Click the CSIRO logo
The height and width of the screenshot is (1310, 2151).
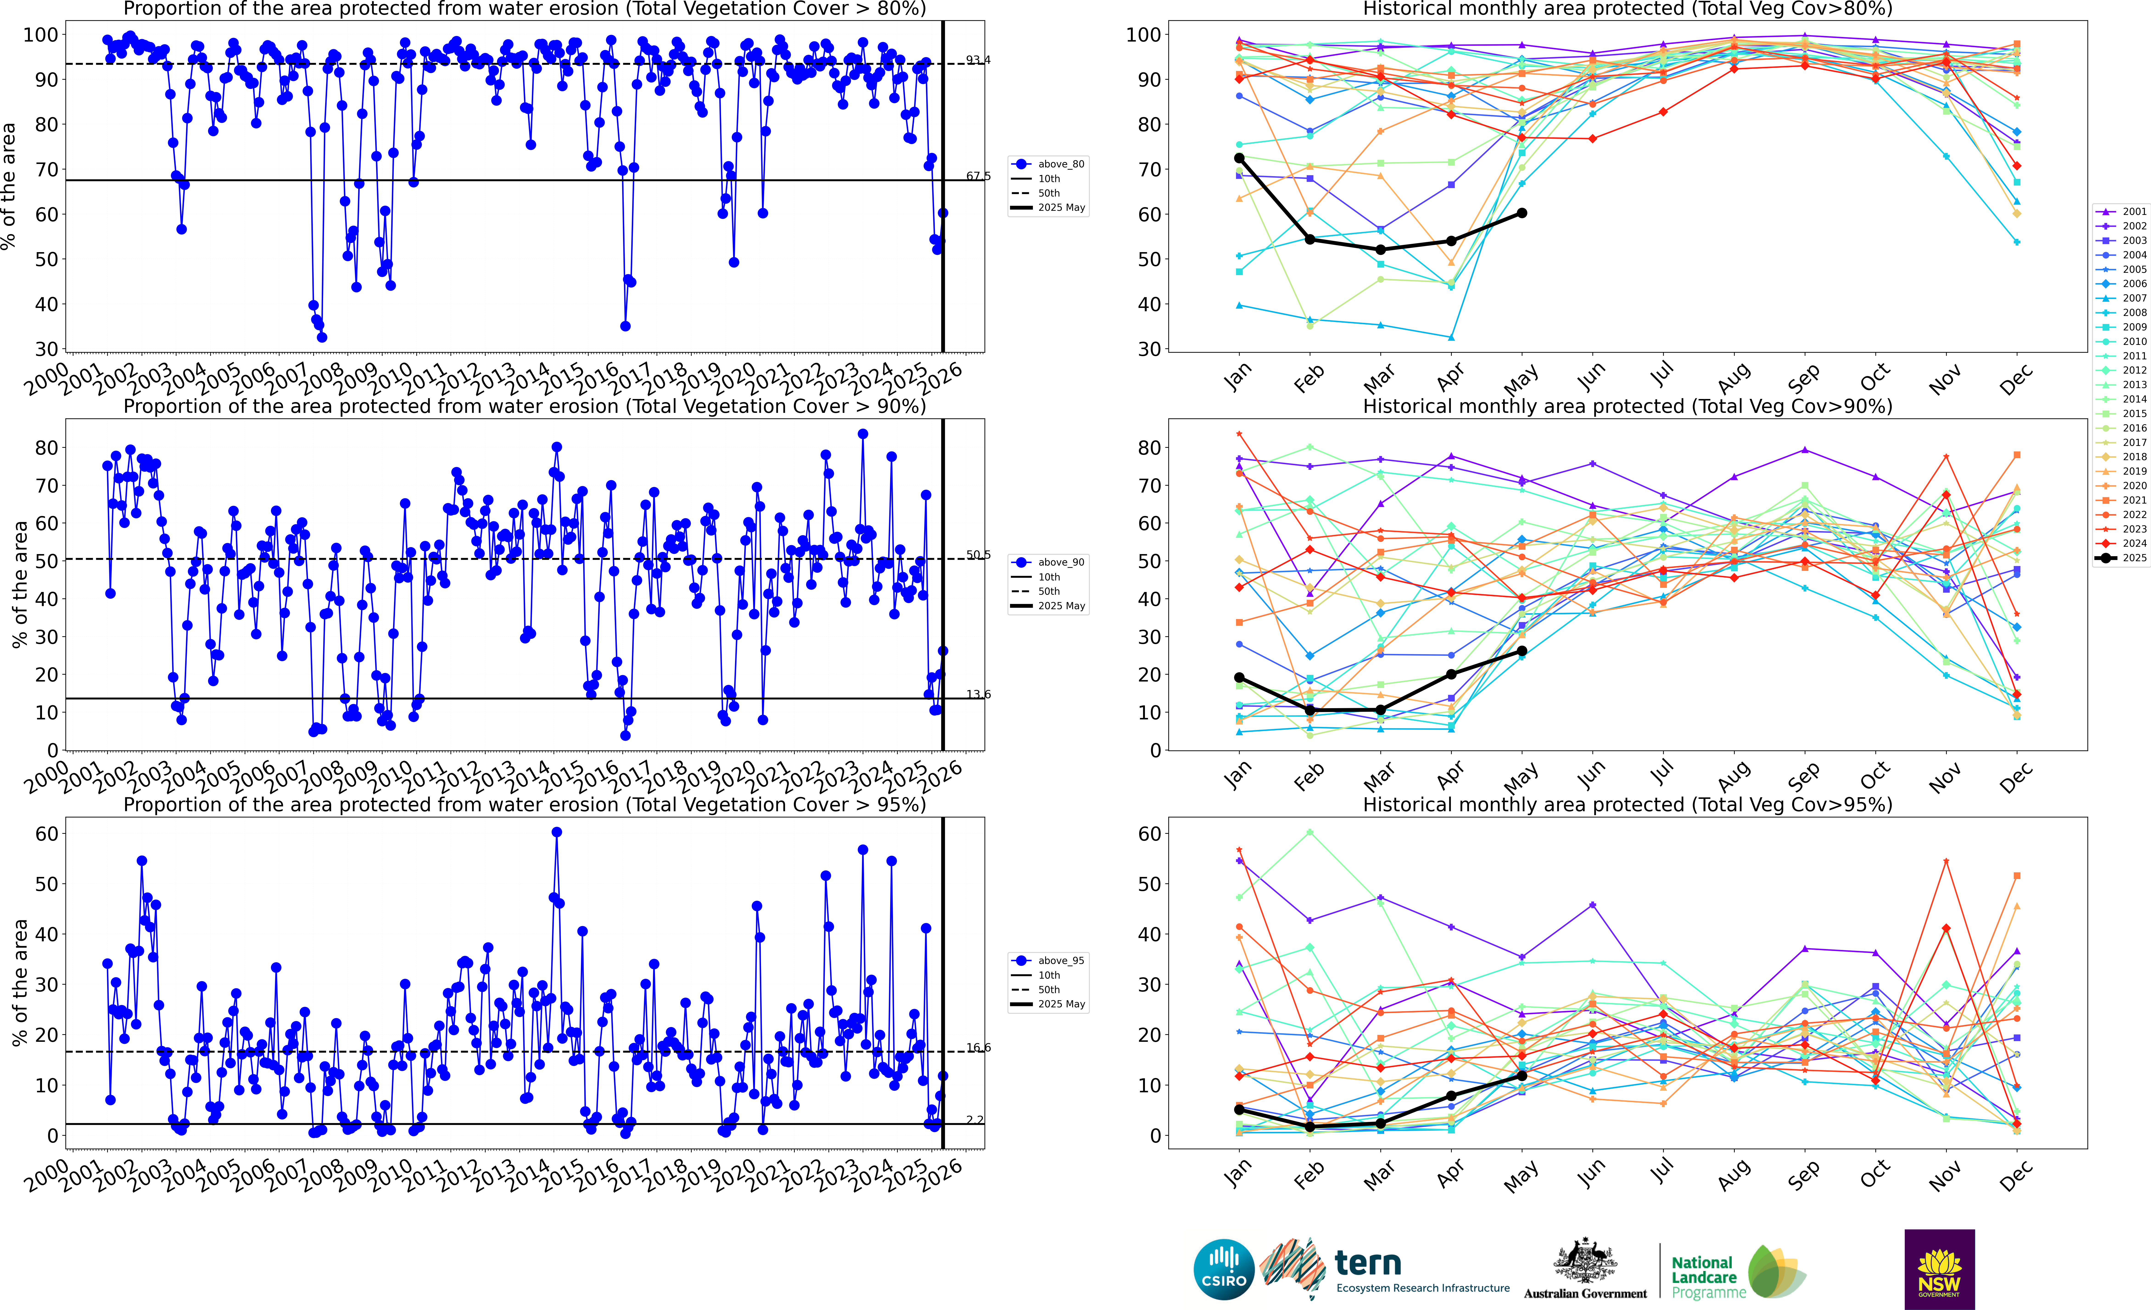[1224, 1269]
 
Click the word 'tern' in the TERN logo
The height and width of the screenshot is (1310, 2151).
[1368, 1263]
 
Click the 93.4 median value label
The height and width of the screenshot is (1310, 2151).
[978, 60]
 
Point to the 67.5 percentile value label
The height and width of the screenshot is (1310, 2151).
[978, 176]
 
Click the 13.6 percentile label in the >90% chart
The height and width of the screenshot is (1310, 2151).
[978, 694]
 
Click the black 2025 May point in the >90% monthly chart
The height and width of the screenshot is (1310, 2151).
[1522, 651]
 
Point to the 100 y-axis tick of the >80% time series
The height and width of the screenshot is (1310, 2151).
[40, 35]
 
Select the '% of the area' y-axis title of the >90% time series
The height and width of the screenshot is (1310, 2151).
[19, 584]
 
